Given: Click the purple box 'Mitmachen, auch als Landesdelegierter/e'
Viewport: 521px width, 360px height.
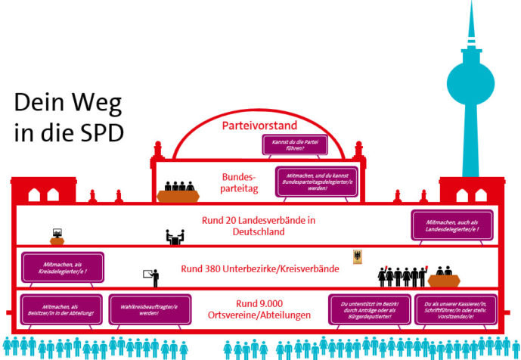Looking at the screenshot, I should click(x=448, y=225).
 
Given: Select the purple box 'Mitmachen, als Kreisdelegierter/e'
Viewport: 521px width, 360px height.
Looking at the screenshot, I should click(x=62, y=267).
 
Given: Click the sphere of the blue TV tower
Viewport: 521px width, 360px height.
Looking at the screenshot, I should click(x=473, y=80).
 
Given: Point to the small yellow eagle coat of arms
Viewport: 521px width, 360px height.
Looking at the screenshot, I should click(x=358, y=257).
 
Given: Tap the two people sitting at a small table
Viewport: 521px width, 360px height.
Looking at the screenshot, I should click(x=175, y=237).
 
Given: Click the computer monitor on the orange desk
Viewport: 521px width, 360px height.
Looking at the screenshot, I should click(x=57, y=234).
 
